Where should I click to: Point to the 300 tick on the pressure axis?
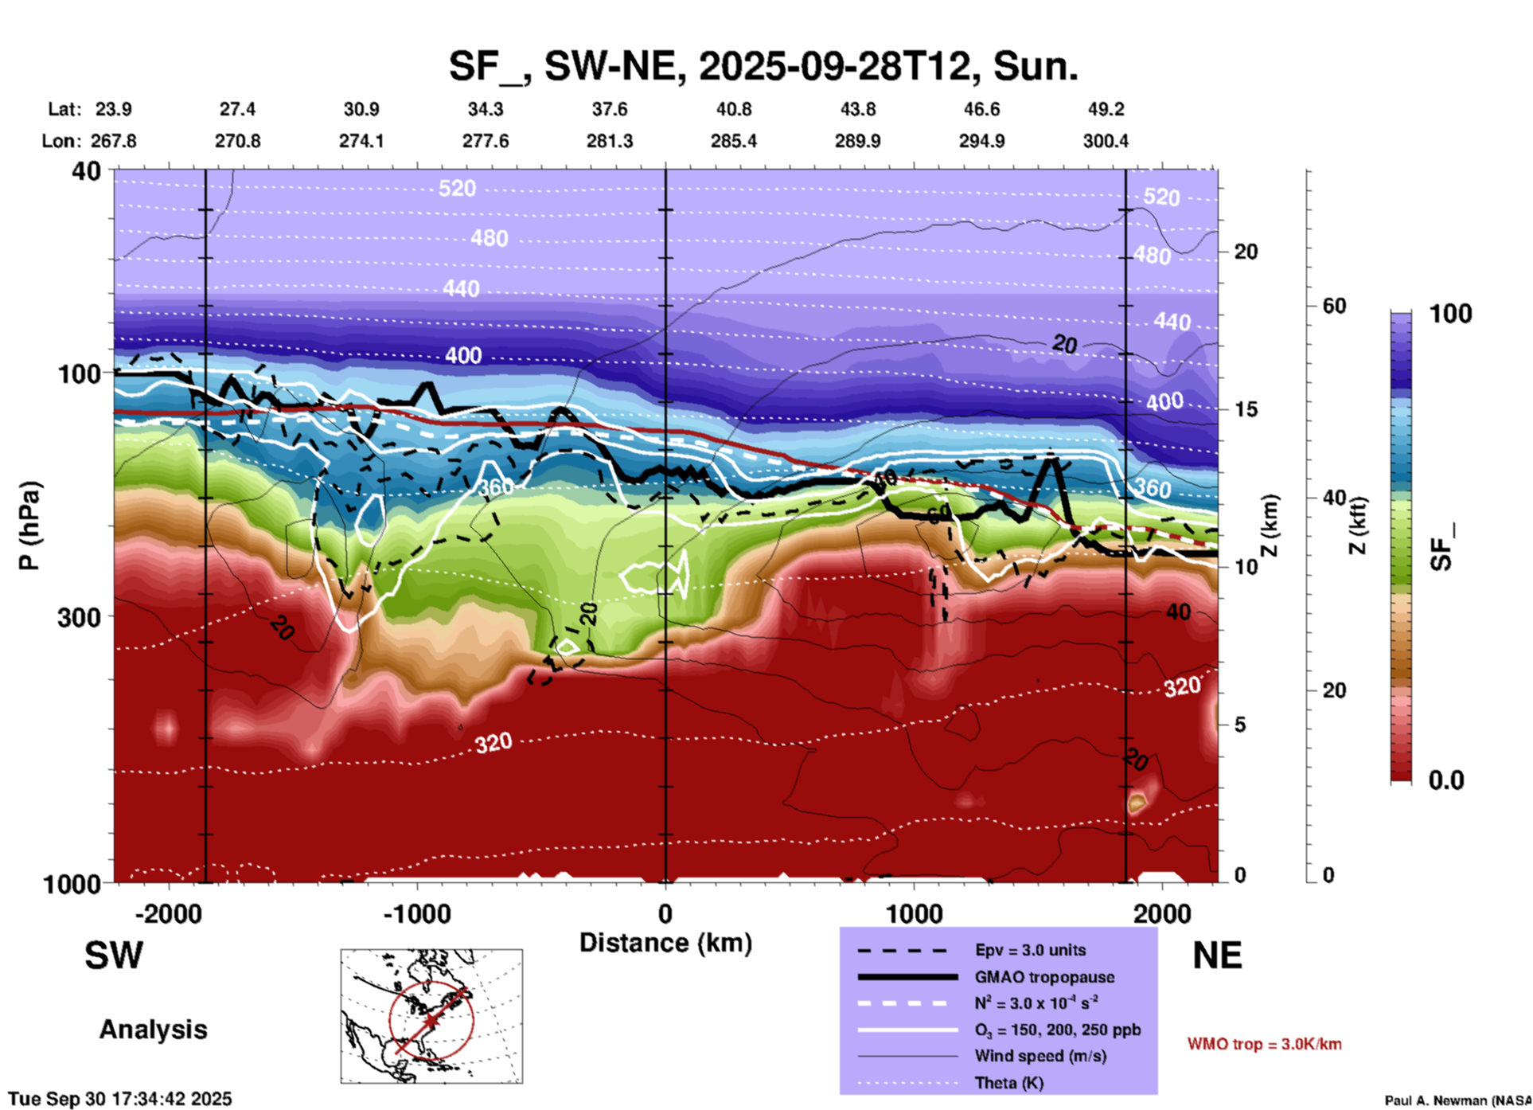tap(79, 616)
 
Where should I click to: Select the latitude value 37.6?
tap(610, 109)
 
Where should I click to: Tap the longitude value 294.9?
tap(981, 141)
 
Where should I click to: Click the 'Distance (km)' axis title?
tap(665, 943)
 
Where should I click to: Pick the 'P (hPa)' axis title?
tap(29, 525)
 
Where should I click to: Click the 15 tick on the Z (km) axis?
tap(1246, 409)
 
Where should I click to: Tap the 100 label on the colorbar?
tap(1450, 314)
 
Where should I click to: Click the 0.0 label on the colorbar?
tap(1446, 780)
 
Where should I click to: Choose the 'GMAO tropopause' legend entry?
tap(1044, 977)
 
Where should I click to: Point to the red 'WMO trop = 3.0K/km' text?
tap(1264, 1044)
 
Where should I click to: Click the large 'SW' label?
tap(114, 956)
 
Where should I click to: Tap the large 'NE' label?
tap(1217, 956)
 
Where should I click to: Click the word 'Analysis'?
tap(153, 1030)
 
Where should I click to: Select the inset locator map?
tap(431, 1016)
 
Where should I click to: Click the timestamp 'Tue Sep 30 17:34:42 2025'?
tap(120, 1099)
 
